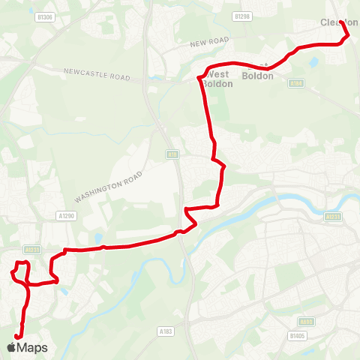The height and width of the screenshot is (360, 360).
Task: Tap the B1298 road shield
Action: pos(241,16)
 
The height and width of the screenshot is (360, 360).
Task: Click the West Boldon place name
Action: pos(217,79)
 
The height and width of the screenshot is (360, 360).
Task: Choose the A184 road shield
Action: pos(295,83)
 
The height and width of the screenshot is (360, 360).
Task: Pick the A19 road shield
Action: pos(172,154)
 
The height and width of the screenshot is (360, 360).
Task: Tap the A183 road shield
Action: pos(166,330)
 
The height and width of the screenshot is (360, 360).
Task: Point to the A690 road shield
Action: pos(307,321)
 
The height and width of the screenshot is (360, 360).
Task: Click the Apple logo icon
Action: pos(11,347)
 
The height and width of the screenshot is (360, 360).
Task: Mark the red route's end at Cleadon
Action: pos(342,22)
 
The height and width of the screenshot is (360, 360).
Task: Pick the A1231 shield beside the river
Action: pos(334,216)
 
